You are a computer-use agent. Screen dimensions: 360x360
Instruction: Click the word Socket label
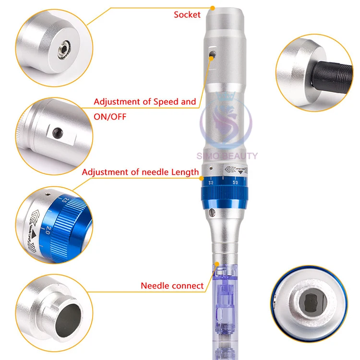[187, 15]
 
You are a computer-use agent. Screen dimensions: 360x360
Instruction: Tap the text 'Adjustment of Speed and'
[144, 102]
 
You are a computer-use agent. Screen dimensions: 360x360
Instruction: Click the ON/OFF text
[109, 117]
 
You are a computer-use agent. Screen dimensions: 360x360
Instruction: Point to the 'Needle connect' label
[172, 286]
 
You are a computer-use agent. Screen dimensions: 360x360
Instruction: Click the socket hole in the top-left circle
[62, 48]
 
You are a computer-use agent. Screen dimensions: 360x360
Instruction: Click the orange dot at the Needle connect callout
[219, 263]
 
